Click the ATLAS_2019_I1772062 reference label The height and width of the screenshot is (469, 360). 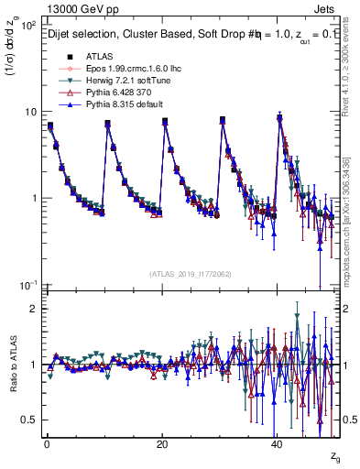[190, 274]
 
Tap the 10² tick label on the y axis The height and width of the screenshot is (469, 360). [28, 25]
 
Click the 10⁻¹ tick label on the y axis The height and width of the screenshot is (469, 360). [28, 285]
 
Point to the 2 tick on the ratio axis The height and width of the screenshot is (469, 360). [33, 309]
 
